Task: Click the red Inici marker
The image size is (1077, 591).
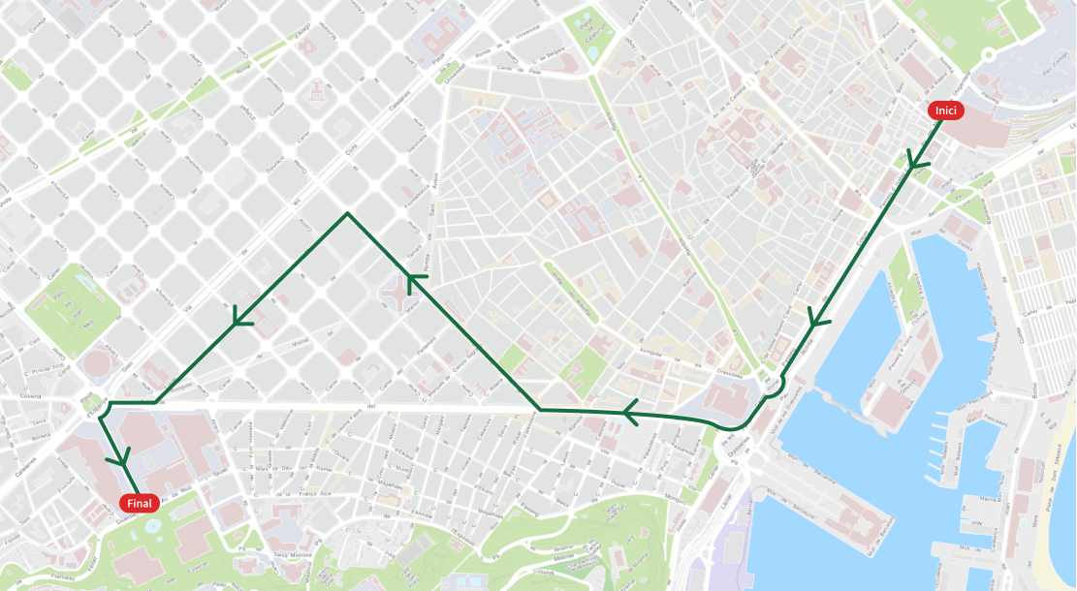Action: (x=945, y=111)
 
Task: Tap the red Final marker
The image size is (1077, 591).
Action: (x=140, y=503)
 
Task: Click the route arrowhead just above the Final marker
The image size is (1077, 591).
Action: (x=122, y=455)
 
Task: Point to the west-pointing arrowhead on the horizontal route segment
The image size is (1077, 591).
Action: (x=631, y=413)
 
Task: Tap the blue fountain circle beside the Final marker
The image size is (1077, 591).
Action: (x=151, y=524)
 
